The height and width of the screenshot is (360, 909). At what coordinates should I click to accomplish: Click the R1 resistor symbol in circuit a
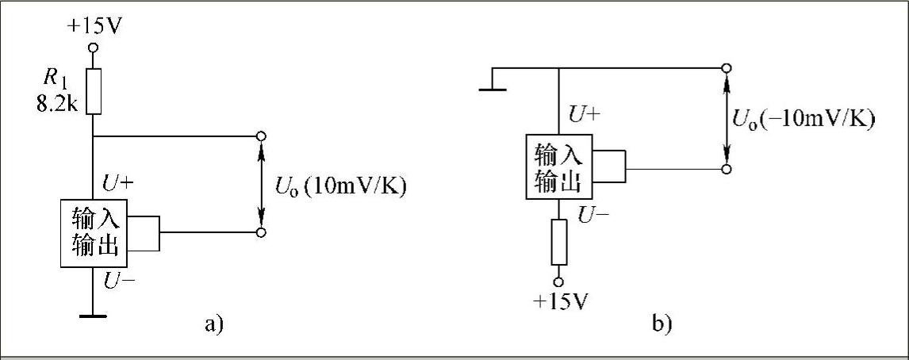click(93, 90)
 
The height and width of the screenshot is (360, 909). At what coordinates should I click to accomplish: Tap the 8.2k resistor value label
click(56, 104)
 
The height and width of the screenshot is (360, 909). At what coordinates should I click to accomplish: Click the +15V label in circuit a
click(94, 26)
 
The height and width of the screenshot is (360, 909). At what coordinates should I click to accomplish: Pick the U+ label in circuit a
click(117, 185)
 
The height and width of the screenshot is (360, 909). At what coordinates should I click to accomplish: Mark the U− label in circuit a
click(117, 281)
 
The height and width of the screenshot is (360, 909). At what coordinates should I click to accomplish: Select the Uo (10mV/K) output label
click(340, 188)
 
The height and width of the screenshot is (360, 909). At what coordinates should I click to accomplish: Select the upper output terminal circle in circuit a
click(261, 136)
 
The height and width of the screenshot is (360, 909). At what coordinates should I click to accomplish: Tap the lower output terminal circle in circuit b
click(727, 169)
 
